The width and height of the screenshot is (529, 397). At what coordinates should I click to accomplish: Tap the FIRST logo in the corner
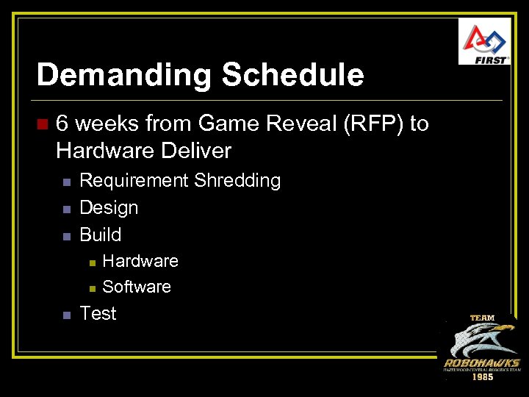[484, 42]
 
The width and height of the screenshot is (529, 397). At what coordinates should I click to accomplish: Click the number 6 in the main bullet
[62, 124]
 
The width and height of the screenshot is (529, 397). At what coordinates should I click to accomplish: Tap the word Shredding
[237, 181]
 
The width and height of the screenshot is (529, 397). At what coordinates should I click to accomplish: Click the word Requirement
[134, 181]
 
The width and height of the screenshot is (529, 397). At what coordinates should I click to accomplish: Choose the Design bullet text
[109, 208]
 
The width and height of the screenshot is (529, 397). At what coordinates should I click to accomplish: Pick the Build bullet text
[100, 235]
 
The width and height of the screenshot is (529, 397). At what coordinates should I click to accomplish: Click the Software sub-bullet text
[137, 287]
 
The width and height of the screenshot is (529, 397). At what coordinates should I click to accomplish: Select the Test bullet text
[98, 314]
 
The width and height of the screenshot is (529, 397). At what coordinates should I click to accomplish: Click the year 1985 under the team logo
[482, 376]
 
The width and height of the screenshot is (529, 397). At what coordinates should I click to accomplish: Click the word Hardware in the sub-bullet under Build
[140, 261]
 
